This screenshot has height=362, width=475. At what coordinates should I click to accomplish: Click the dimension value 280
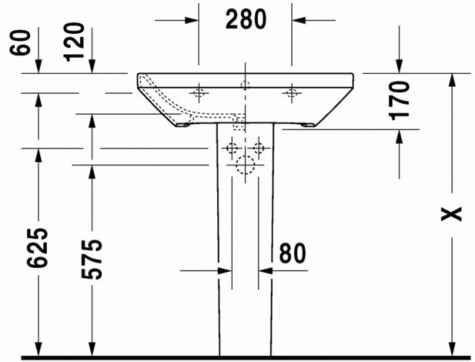245,20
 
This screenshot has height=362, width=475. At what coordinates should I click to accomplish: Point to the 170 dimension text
400,100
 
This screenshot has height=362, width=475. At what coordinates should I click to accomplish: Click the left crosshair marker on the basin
199,92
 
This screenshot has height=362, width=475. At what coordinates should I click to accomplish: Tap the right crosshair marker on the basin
292,92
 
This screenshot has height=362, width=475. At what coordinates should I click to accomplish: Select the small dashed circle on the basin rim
245,85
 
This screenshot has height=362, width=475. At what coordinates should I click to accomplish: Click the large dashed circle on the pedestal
245,164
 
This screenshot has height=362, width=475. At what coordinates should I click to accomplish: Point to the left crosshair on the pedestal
232,147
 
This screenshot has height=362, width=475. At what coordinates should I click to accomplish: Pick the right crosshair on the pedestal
259,147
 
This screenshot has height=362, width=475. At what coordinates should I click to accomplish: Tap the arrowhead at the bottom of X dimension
451,348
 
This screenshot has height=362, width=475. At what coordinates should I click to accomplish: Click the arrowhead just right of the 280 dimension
299,20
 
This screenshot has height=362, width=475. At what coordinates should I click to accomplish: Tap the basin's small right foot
309,125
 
